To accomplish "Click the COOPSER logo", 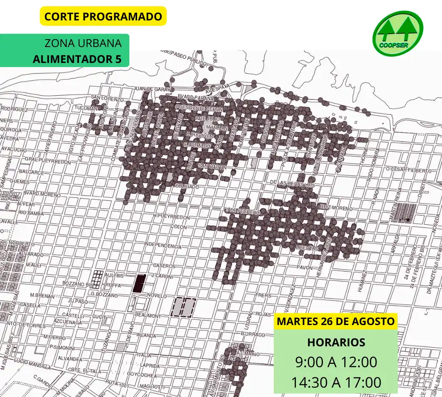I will coord(397,34).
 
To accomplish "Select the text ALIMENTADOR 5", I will coord(77,59).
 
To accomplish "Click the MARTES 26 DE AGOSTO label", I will coord(336,321).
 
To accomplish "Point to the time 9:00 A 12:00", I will coord(336,362).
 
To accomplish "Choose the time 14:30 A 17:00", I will coord(336,383).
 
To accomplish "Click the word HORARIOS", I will coord(336,342).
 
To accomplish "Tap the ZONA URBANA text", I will coord(83,43).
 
